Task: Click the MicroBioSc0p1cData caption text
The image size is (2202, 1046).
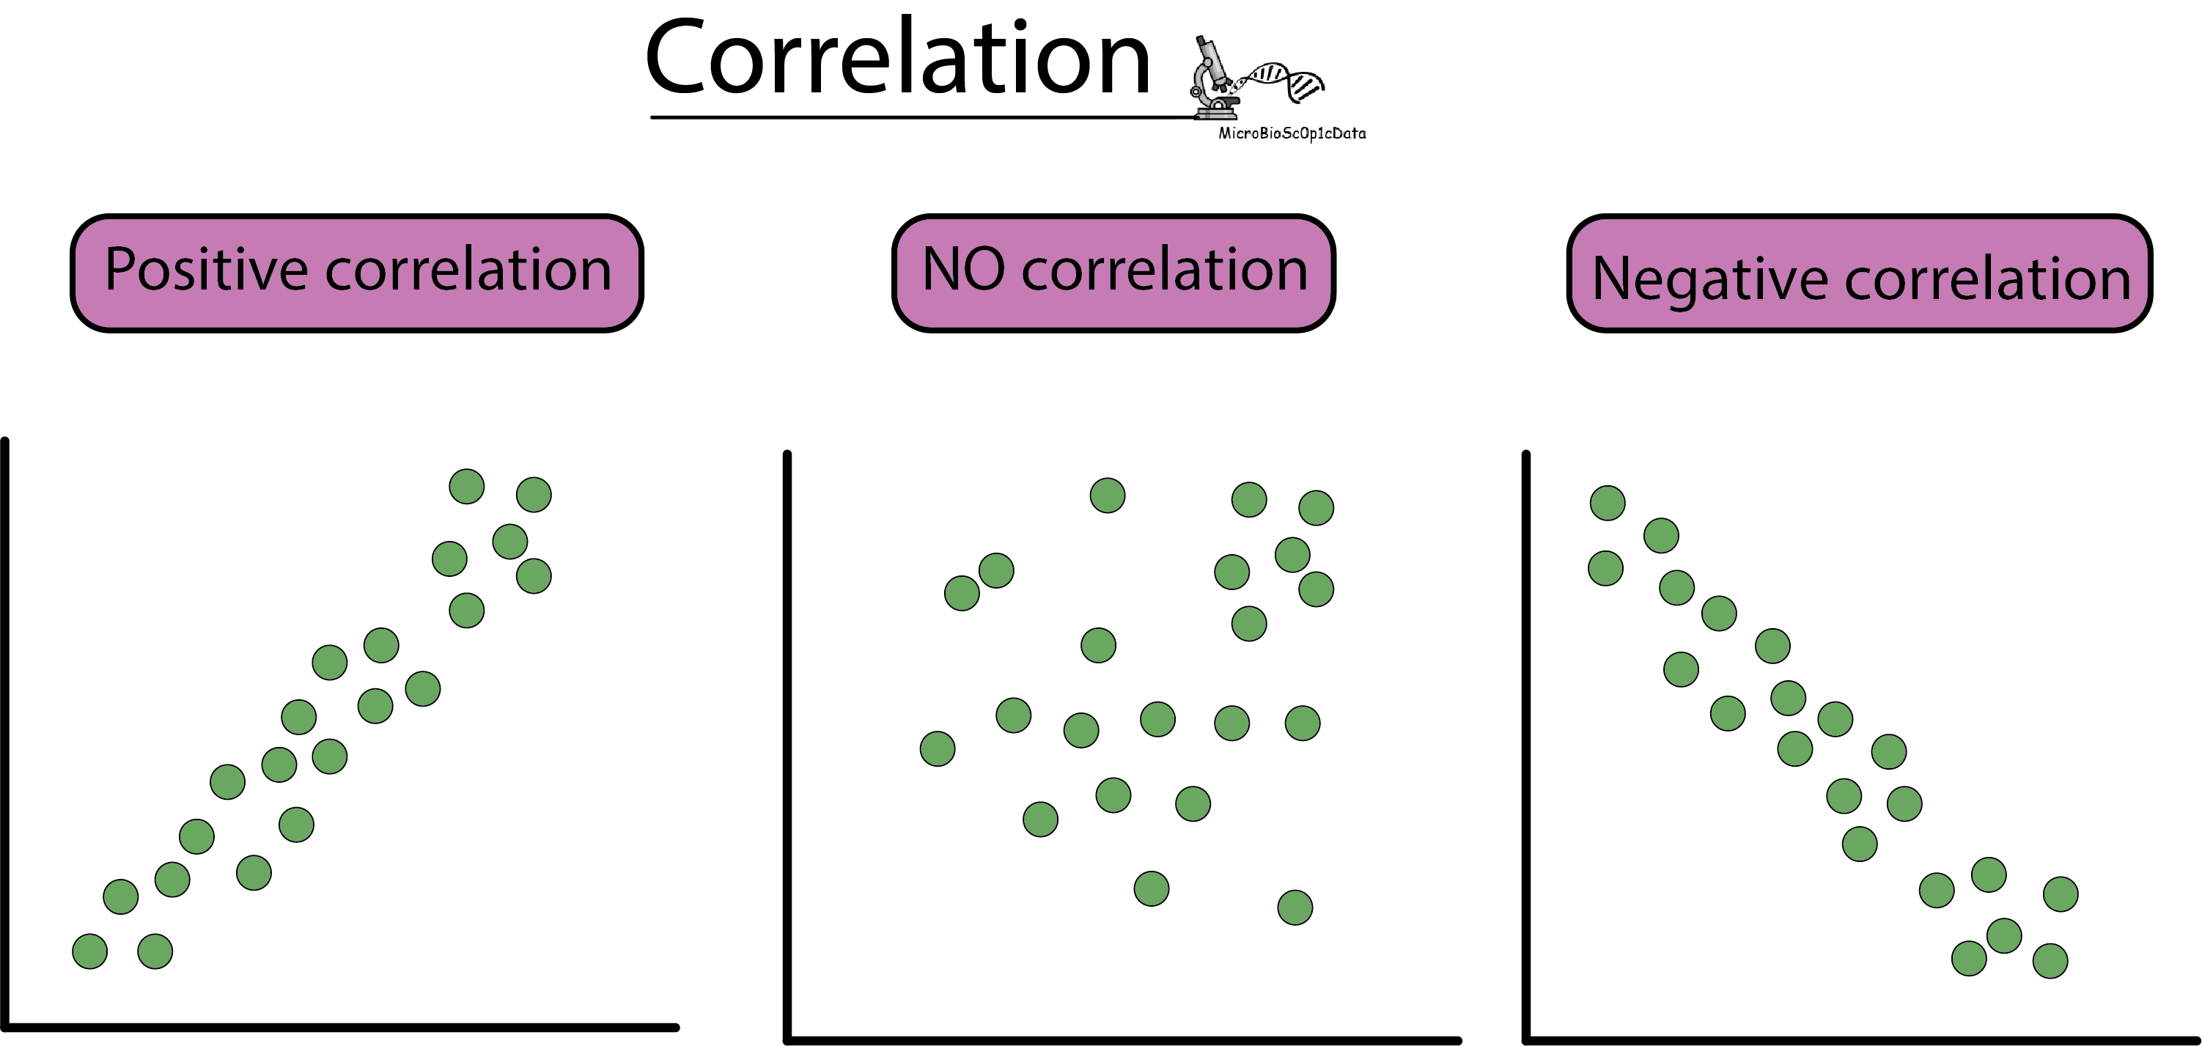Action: coord(1292,133)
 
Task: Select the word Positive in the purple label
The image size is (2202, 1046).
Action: coord(206,270)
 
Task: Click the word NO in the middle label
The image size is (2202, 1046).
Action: coord(963,269)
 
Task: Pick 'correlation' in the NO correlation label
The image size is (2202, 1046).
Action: coord(1164,270)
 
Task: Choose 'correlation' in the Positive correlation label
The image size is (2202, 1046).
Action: coord(468,270)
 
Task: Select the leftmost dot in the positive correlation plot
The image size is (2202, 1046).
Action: coord(89,951)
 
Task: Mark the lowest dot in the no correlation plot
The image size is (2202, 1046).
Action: coord(1295,907)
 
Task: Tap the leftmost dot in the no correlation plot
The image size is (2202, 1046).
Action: coord(937,749)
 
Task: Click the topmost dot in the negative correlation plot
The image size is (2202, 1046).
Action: coord(1607,504)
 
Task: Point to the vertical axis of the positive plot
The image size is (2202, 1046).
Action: coord(5,726)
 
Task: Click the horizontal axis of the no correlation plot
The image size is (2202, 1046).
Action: coord(1120,1040)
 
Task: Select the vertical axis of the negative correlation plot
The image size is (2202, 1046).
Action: coord(1526,743)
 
